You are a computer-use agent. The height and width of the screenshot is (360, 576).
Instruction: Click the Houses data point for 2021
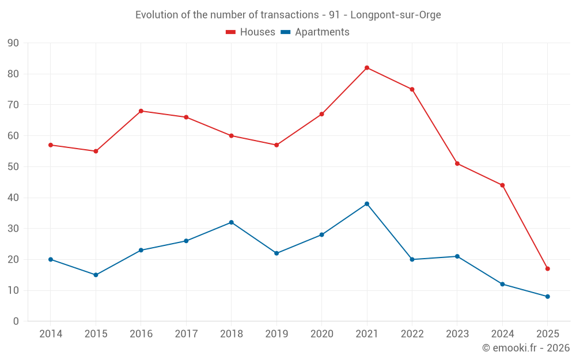(x=367, y=68)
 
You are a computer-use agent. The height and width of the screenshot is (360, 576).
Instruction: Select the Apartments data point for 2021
(x=367, y=204)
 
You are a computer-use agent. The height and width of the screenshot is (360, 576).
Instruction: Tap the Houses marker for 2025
(x=548, y=269)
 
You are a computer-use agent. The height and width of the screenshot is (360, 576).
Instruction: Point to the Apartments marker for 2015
(x=96, y=275)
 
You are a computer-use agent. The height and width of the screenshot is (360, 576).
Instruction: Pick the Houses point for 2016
(x=141, y=111)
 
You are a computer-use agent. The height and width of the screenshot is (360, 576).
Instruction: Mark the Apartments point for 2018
(x=231, y=222)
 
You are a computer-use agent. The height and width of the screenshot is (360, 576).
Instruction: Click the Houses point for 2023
(x=457, y=164)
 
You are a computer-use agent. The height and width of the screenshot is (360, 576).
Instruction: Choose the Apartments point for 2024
(x=502, y=284)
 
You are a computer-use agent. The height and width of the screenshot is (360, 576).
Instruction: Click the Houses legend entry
(x=250, y=32)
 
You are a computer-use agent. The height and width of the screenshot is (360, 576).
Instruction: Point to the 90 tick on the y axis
(x=13, y=43)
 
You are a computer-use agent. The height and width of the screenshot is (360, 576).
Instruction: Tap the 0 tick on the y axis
(x=16, y=321)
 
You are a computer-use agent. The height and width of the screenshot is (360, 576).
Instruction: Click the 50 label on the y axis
(x=13, y=167)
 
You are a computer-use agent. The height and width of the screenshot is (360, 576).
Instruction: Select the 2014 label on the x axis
(x=51, y=334)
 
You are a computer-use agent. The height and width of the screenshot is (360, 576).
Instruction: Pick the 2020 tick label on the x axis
(x=321, y=334)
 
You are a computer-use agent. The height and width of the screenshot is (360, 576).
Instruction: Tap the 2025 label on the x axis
(x=548, y=334)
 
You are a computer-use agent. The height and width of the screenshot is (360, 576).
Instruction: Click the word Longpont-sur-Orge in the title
(x=396, y=15)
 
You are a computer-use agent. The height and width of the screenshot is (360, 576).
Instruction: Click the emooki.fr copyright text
(x=526, y=348)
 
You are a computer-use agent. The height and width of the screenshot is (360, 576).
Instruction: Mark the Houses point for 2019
(x=276, y=145)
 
